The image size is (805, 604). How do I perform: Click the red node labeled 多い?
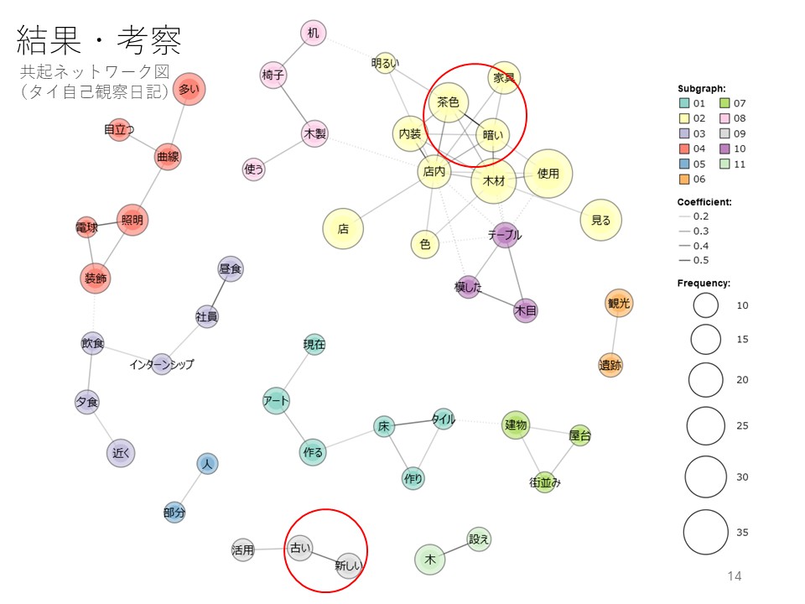[190, 89]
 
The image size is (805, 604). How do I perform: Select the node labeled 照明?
[132, 221]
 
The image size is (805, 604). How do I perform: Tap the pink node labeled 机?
[313, 34]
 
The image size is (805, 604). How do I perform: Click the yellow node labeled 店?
[343, 228]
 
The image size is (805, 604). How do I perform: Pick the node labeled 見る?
[601, 221]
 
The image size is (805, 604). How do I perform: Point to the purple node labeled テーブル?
[505, 236]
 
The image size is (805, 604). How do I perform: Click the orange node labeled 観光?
[619, 303]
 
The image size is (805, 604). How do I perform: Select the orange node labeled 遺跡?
[611, 366]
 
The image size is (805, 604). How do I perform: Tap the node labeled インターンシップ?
[162, 364]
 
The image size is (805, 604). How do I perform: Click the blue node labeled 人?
[207, 463]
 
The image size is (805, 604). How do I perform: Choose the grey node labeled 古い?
[299, 549]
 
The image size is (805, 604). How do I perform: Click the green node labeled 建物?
[516, 425]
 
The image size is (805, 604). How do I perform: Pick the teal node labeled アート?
[276, 401]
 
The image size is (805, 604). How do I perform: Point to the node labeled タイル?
[443, 419]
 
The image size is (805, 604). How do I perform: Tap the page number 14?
[735, 575]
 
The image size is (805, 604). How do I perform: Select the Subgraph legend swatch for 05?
[684, 164]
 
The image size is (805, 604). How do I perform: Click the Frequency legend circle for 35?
[705, 532]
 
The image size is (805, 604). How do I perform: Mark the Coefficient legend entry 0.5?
[685, 260]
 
